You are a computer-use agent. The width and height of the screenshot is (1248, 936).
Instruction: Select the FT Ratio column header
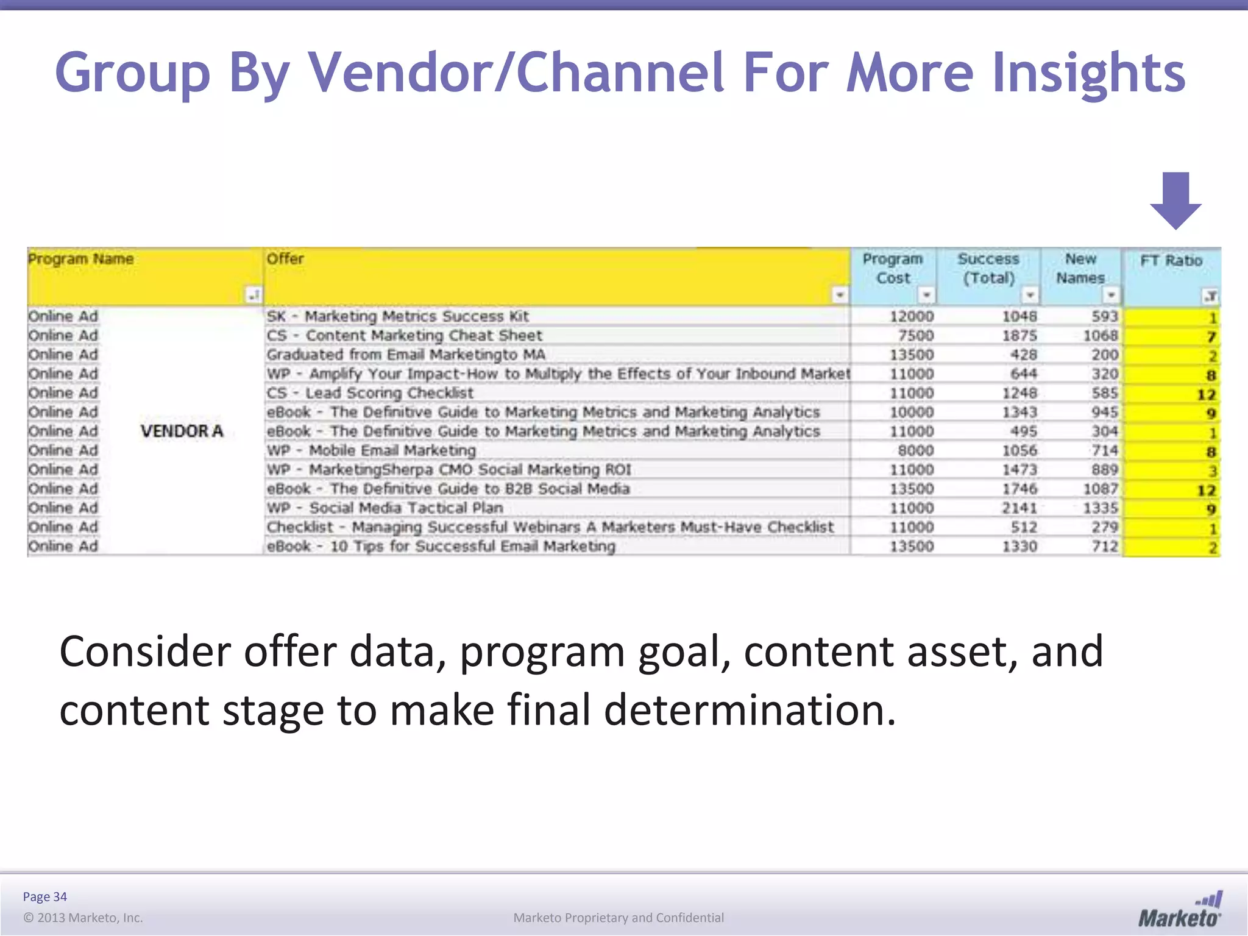(x=1171, y=261)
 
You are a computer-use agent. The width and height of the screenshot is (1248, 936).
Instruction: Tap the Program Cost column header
(x=892, y=268)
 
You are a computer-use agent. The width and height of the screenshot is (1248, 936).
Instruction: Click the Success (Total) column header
(x=988, y=268)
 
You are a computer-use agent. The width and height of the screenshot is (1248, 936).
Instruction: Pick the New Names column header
(x=1080, y=268)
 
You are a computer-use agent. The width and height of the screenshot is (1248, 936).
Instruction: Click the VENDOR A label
(x=182, y=431)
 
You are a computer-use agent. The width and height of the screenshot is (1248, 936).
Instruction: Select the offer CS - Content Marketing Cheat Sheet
(x=404, y=336)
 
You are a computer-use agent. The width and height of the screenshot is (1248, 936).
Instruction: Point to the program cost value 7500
(x=915, y=336)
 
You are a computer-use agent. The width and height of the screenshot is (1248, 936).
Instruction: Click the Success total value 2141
(x=1019, y=508)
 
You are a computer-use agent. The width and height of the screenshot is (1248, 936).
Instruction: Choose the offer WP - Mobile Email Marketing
(x=371, y=451)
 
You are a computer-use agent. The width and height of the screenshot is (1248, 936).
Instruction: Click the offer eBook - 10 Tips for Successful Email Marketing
(x=441, y=547)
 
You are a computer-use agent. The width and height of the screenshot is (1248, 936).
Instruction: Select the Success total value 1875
(x=1019, y=336)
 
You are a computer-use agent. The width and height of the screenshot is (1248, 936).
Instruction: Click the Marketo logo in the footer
(x=1180, y=910)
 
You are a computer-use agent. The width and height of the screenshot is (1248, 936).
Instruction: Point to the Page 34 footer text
(x=45, y=897)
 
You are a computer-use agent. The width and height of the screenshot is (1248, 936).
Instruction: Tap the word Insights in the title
(x=1088, y=73)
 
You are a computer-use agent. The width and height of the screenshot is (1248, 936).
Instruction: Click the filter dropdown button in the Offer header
(x=840, y=296)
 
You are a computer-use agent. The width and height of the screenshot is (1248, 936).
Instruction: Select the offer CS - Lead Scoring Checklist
(x=370, y=393)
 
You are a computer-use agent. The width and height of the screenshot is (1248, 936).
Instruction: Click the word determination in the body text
(x=750, y=711)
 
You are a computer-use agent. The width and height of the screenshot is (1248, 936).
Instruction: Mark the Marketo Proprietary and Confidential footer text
(x=619, y=918)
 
